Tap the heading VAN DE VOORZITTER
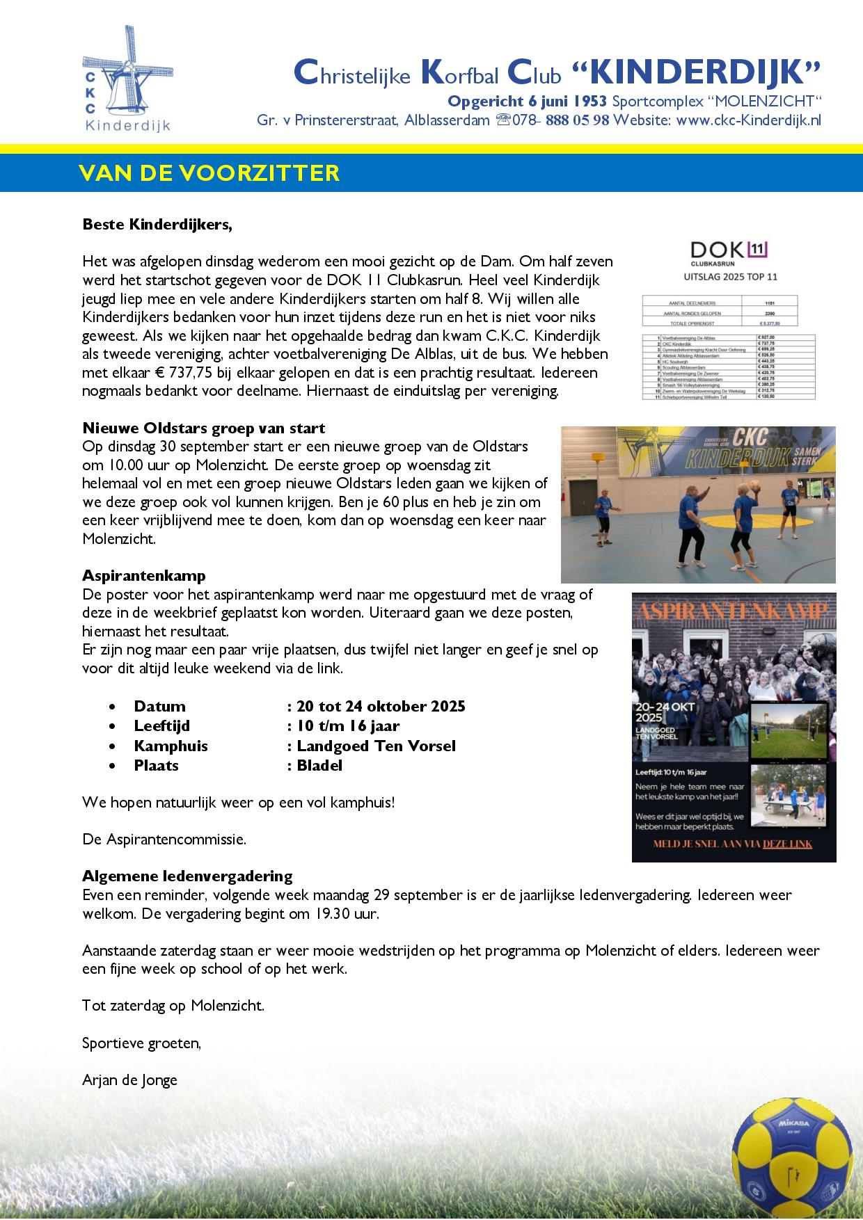[x=209, y=172]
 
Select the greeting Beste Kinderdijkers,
[x=157, y=225]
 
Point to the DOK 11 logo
[x=729, y=252]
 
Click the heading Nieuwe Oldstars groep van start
[x=203, y=428]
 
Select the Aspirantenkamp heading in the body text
[x=144, y=576]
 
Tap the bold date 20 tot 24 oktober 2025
[x=381, y=707]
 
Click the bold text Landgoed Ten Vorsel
[x=376, y=746]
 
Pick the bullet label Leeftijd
[x=161, y=726]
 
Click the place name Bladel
[x=319, y=766]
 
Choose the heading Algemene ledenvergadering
[x=187, y=876]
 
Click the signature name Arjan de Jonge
[x=129, y=1080]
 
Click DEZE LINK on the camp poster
[x=787, y=844]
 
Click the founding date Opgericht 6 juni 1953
[x=528, y=102]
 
